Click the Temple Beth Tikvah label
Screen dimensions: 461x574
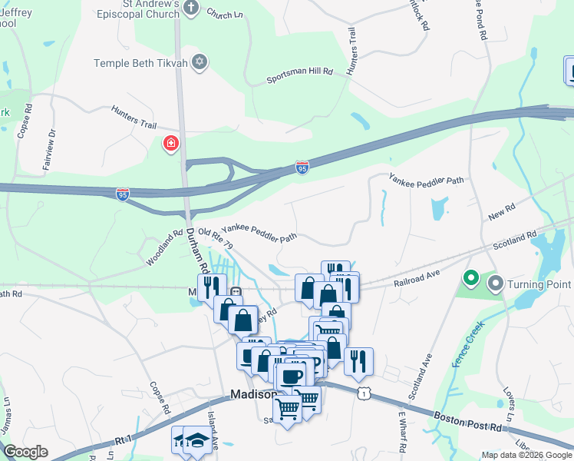pyautogui.click(x=141, y=63)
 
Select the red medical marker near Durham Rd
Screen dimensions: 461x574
pyautogui.click(x=170, y=144)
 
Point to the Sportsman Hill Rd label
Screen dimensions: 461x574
pyautogui.click(x=299, y=75)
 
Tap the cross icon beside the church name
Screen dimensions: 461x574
pyautogui.click(x=191, y=9)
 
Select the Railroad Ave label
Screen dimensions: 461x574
pyautogui.click(x=417, y=277)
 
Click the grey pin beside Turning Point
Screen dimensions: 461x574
pyautogui.click(x=495, y=285)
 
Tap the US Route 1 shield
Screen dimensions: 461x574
pyautogui.click(x=364, y=393)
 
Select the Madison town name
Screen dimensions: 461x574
pyautogui.click(x=252, y=394)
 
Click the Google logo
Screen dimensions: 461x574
pyautogui.click(x=26, y=452)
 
